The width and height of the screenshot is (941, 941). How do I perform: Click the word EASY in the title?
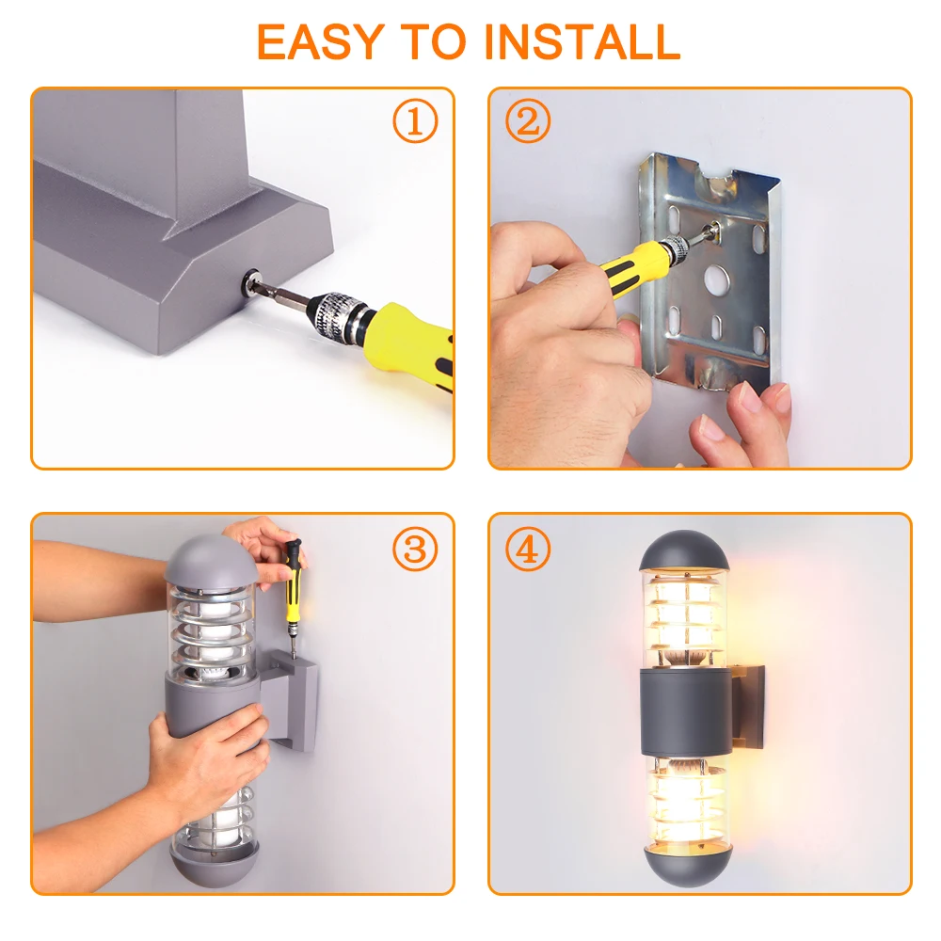click(320, 42)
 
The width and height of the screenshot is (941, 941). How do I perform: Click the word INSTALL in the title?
click(582, 42)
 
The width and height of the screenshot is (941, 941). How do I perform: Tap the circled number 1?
click(415, 121)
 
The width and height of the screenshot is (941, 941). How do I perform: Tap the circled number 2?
click(528, 121)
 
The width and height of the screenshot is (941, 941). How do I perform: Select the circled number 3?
click(415, 549)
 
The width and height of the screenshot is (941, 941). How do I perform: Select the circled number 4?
click(528, 549)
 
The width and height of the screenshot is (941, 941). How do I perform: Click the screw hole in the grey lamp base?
click(249, 280)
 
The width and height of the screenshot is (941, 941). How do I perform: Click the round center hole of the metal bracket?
click(716, 279)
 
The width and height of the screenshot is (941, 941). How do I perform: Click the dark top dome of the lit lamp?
click(685, 550)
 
